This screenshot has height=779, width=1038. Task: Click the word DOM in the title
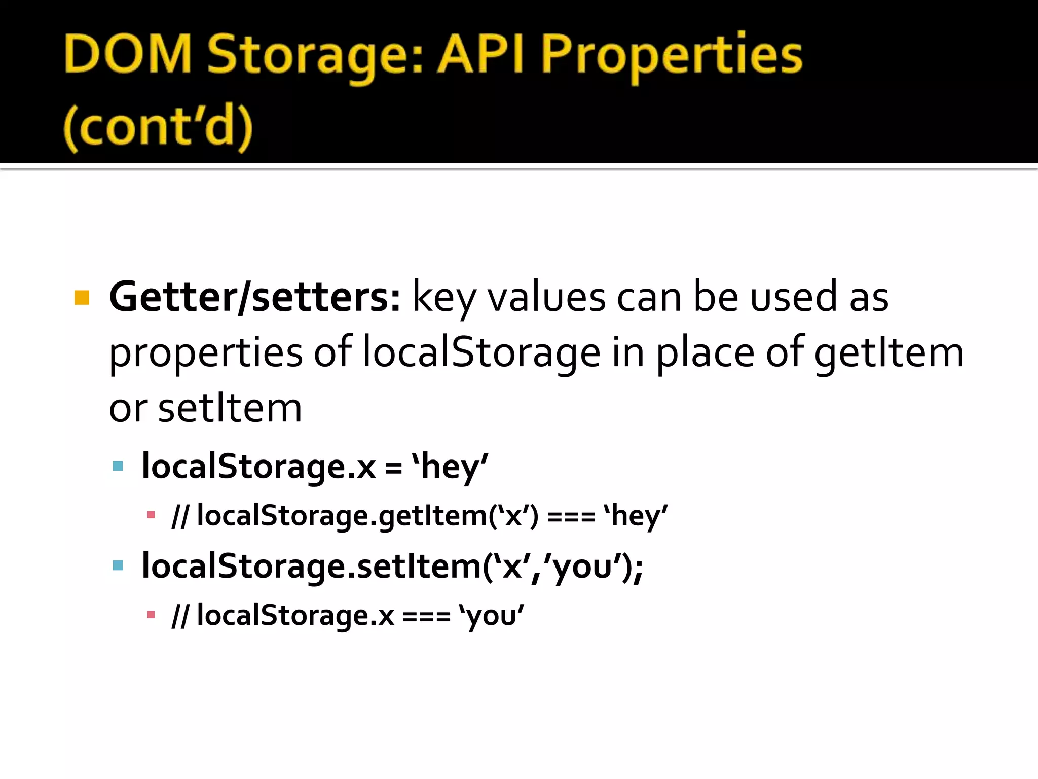pos(128,55)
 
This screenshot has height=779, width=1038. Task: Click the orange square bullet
pos(82,297)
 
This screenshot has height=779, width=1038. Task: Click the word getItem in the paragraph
pos(888,353)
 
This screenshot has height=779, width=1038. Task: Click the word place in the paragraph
pos(705,353)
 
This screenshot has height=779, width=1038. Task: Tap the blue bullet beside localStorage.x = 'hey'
pos(118,466)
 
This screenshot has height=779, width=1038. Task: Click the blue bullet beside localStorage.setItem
pos(118,565)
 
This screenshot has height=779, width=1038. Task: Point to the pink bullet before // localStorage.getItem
pos(151,515)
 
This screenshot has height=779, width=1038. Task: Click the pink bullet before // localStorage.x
pos(151,615)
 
